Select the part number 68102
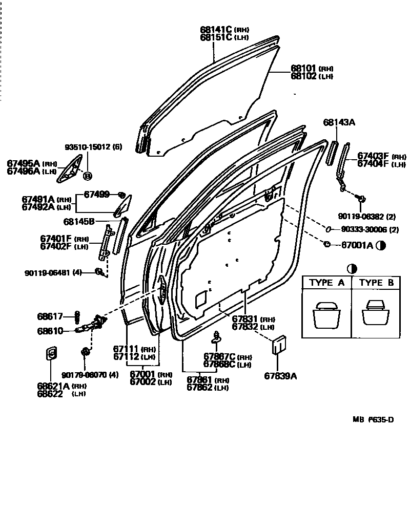pos(304,76)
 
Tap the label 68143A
pos(339,122)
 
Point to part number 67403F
pos(373,156)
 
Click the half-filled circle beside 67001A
pos(380,246)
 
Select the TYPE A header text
pos(326,283)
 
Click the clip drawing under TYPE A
pos(326,315)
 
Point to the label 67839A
pos(280,376)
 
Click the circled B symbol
pos(87,176)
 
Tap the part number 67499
pos(96,194)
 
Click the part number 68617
pos(49,316)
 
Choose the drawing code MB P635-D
pos(373,420)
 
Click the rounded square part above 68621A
pos(51,354)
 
